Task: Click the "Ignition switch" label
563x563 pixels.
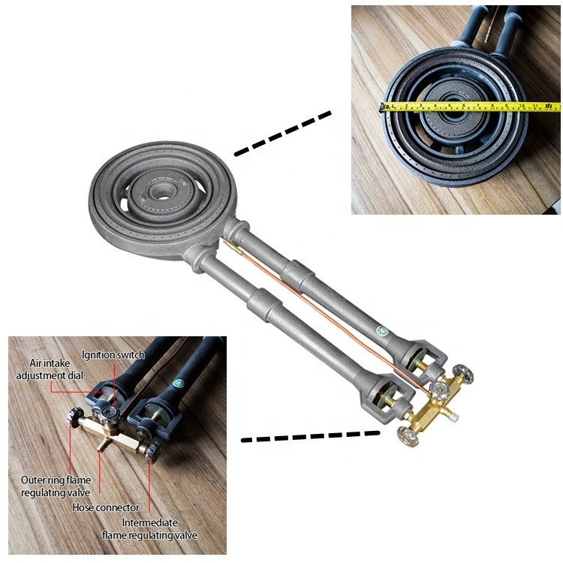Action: [113, 355]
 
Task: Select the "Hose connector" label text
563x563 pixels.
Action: [106, 507]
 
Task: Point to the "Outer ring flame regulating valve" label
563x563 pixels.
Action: [56, 486]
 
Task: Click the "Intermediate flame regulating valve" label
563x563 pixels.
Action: [149, 528]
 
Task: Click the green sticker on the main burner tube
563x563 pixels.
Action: [381, 330]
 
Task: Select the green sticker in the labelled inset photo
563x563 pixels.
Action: [179, 384]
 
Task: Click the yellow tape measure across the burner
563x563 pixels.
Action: [471, 107]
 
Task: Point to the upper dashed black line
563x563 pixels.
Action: [282, 134]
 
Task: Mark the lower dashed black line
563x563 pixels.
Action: [310, 436]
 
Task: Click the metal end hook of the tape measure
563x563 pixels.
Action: [384, 107]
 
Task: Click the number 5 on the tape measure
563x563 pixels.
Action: [450, 106]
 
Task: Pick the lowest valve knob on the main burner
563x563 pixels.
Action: [408, 436]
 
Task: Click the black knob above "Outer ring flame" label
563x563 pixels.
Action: [75, 417]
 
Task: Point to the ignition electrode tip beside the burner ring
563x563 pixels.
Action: [227, 242]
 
